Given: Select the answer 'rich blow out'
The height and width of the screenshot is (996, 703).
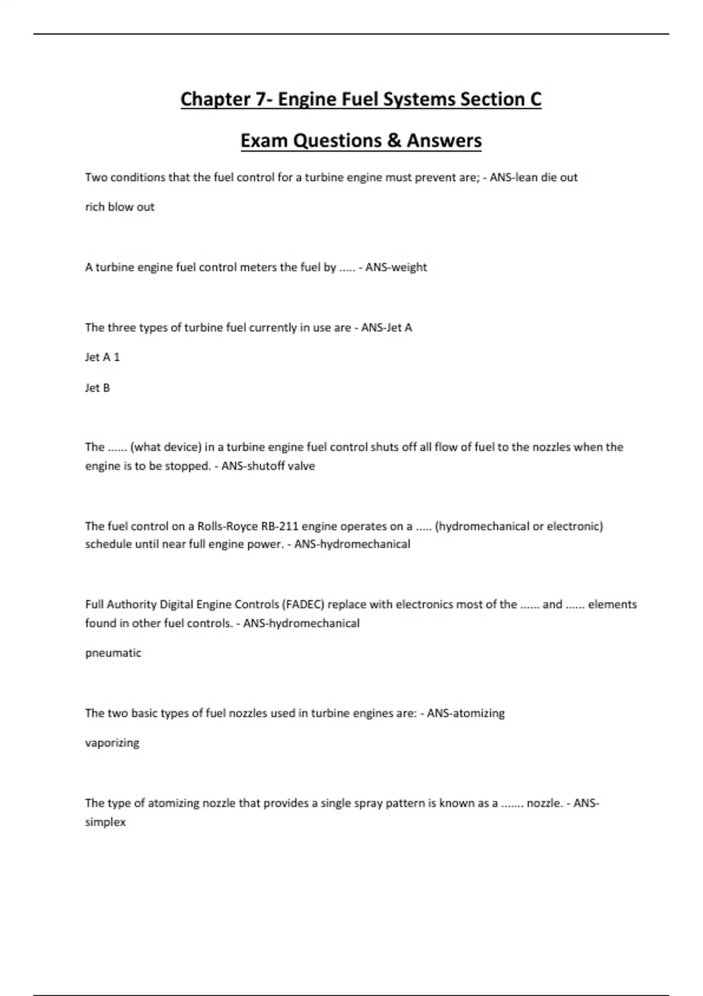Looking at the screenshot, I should [x=120, y=207].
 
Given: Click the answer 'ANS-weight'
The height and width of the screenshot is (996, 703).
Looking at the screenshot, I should [x=396, y=267].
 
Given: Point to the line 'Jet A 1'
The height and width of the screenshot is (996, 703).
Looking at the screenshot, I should [x=103, y=357].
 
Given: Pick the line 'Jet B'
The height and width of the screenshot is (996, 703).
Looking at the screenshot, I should [x=97, y=388].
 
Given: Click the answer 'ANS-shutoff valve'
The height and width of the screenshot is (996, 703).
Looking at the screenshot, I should [x=268, y=466].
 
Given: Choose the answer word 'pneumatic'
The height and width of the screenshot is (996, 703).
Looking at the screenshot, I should [x=113, y=653].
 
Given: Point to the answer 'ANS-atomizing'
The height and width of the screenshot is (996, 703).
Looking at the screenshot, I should [x=466, y=713].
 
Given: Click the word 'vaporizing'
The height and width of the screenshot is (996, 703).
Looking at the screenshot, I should [x=112, y=743].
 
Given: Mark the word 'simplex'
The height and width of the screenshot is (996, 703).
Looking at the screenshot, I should [x=105, y=822].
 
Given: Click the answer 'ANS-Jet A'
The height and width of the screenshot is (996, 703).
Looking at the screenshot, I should [x=387, y=328].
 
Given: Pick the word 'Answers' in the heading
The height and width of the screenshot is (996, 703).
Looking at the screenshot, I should [x=444, y=141].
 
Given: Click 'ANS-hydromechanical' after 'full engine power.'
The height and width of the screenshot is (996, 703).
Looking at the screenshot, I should [x=352, y=544].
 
